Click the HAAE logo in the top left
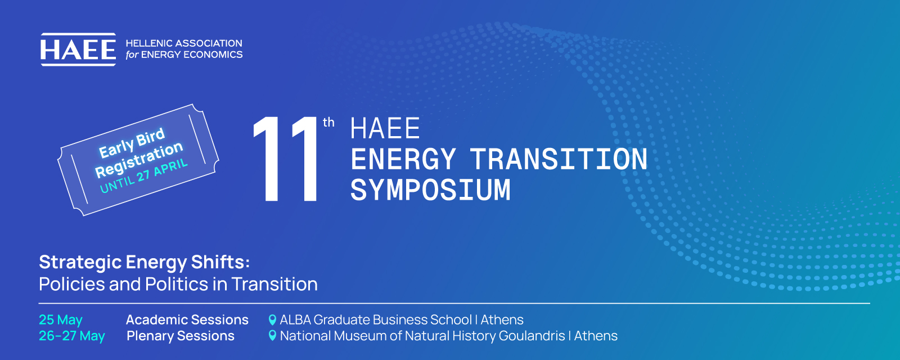78,49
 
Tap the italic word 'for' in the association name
132,55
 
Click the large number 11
286,159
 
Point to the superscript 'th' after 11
328,122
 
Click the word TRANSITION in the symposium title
559,159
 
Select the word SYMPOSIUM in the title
430,190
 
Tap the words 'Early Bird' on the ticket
132,143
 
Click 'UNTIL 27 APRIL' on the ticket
143,175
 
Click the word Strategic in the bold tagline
80,263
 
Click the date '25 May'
61,320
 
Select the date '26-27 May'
72,336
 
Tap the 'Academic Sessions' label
187,320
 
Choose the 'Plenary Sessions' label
181,336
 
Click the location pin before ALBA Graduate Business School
272,320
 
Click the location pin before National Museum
272,335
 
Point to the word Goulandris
532,336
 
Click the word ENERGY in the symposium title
403,159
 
